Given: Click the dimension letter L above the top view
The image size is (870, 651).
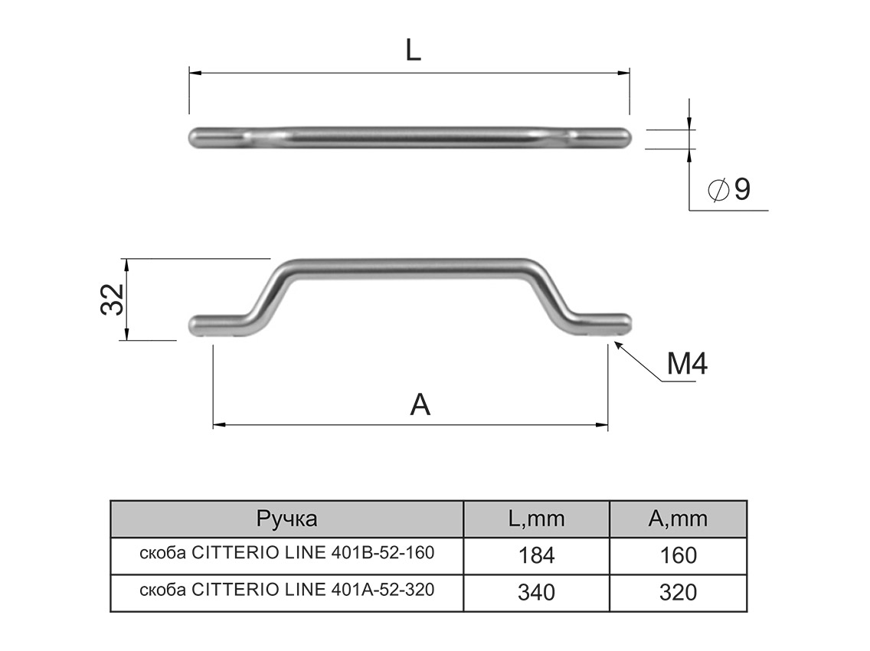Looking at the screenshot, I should point(413,51).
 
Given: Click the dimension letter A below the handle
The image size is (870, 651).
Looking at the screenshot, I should point(420,404).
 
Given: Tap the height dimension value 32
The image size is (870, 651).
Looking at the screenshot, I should point(113,299).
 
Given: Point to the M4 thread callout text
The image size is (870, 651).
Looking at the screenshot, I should point(686,365).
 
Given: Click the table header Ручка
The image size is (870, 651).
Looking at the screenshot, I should point(286,519).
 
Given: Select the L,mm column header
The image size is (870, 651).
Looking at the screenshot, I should point(536,519).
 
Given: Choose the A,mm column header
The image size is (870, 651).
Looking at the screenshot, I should point(678,519).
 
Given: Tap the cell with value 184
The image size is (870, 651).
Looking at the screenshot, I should point(536,555).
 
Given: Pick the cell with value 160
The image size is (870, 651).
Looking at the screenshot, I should point(678,555).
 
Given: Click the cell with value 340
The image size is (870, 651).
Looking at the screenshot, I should point(536,592).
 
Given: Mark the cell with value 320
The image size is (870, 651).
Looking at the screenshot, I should point(678,592).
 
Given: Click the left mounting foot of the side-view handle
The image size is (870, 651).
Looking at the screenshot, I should point(214,325).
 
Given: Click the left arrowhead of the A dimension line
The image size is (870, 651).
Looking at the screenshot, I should point(218,424).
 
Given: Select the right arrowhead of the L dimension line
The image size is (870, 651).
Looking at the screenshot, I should point(624,73).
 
